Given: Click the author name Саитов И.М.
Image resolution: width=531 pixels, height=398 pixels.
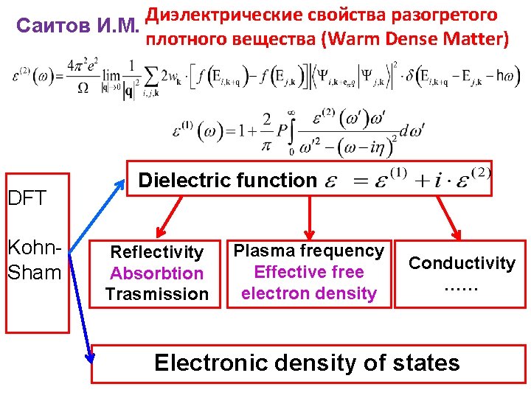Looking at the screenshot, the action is (x=77, y=27).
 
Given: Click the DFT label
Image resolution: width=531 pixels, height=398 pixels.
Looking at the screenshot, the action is (x=27, y=198).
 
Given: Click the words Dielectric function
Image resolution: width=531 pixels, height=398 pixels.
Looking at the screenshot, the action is (x=227, y=180).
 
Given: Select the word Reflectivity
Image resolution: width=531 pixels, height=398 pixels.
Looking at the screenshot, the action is (x=156, y=252).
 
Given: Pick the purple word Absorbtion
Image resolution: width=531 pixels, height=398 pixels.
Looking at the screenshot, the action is (x=156, y=273).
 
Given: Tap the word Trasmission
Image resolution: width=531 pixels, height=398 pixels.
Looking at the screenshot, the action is (x=156, y=293).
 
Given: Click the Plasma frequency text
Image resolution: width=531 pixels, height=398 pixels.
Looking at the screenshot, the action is (x=308, y=251).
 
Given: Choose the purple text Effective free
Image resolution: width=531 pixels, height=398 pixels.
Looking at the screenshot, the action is (x=308, y=272).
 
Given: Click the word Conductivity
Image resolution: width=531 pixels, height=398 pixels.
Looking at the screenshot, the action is (x=462, y=263).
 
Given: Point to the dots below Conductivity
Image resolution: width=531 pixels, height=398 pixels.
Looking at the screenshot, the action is (x=462, y=284).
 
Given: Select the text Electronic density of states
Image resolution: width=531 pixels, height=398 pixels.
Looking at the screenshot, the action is (x=306, y=363).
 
